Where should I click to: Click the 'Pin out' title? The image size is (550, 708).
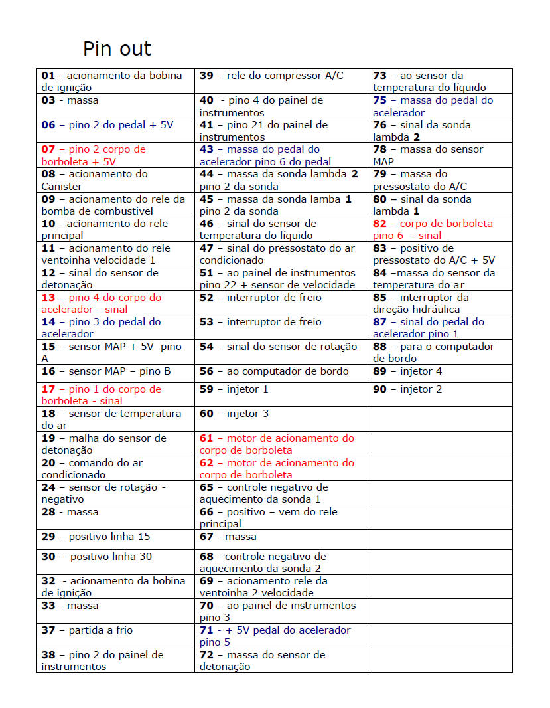[117, 49]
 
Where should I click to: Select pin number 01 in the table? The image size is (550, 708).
[48, 76]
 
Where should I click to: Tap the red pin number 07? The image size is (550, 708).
[48, 149]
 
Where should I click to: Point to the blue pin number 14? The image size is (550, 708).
[48, 322]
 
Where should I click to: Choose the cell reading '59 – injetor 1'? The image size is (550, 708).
[234, 389]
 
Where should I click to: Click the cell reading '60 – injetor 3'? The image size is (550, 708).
[234, 414]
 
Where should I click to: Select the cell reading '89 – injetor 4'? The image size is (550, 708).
[407, 371]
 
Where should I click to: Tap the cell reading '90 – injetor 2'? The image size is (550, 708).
[407, 389]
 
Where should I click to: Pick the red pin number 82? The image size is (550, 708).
[379, 224]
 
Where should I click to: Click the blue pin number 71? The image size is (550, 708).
[206, 630]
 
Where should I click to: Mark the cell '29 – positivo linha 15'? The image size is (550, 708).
[96, 537]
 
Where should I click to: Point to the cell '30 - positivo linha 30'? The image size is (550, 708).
[97, 557]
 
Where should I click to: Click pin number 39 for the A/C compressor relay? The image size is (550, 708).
[206, 76]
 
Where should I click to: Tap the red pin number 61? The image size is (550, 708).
[206, 438]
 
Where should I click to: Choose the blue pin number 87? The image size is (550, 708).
[379, 322]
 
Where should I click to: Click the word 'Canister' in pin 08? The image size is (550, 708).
[62, 186]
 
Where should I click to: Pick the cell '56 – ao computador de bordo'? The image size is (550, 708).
[274, 371]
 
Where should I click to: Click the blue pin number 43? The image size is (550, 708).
[206, 149]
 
